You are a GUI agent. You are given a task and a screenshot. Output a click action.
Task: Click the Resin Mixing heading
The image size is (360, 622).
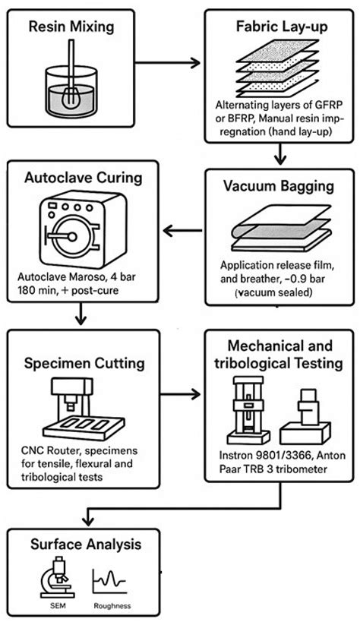pyautogui.click(x=71, y=27)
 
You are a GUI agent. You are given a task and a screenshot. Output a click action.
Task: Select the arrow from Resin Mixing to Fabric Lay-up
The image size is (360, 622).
pyautogui.click(x=168, y=62)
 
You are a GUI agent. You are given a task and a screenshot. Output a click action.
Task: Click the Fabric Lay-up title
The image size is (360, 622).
pyautogui.click(x=279, y=27)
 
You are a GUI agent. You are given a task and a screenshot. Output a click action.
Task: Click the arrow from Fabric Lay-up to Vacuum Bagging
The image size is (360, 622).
pyautogui.click(x=280, y=153)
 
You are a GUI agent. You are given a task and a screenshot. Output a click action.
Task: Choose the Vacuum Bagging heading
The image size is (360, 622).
pyautogui.click(x=279, y=185)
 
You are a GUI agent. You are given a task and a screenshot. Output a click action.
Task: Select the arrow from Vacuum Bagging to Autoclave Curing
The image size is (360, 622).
pyautogui.click(x=182, y=230)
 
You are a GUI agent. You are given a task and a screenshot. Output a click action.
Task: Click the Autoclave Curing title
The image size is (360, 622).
pyautogui.click(x=84, y=177)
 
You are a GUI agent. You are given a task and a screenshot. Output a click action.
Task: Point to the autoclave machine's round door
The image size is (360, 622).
pyautogui.click(x=72, y=237)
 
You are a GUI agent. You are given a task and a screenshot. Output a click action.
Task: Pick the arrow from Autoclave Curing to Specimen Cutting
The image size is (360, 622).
pyautogui.click(x=81, y=314)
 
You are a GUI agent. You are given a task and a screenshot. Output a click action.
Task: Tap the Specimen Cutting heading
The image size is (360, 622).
pyautogui.click(x=84, y=362)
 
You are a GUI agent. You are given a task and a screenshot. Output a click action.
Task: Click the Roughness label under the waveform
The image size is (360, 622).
pyautogui.click(x=112, y=606)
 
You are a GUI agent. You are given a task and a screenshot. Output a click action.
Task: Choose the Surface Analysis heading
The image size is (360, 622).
pyautogui.click(x=86, y=544)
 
